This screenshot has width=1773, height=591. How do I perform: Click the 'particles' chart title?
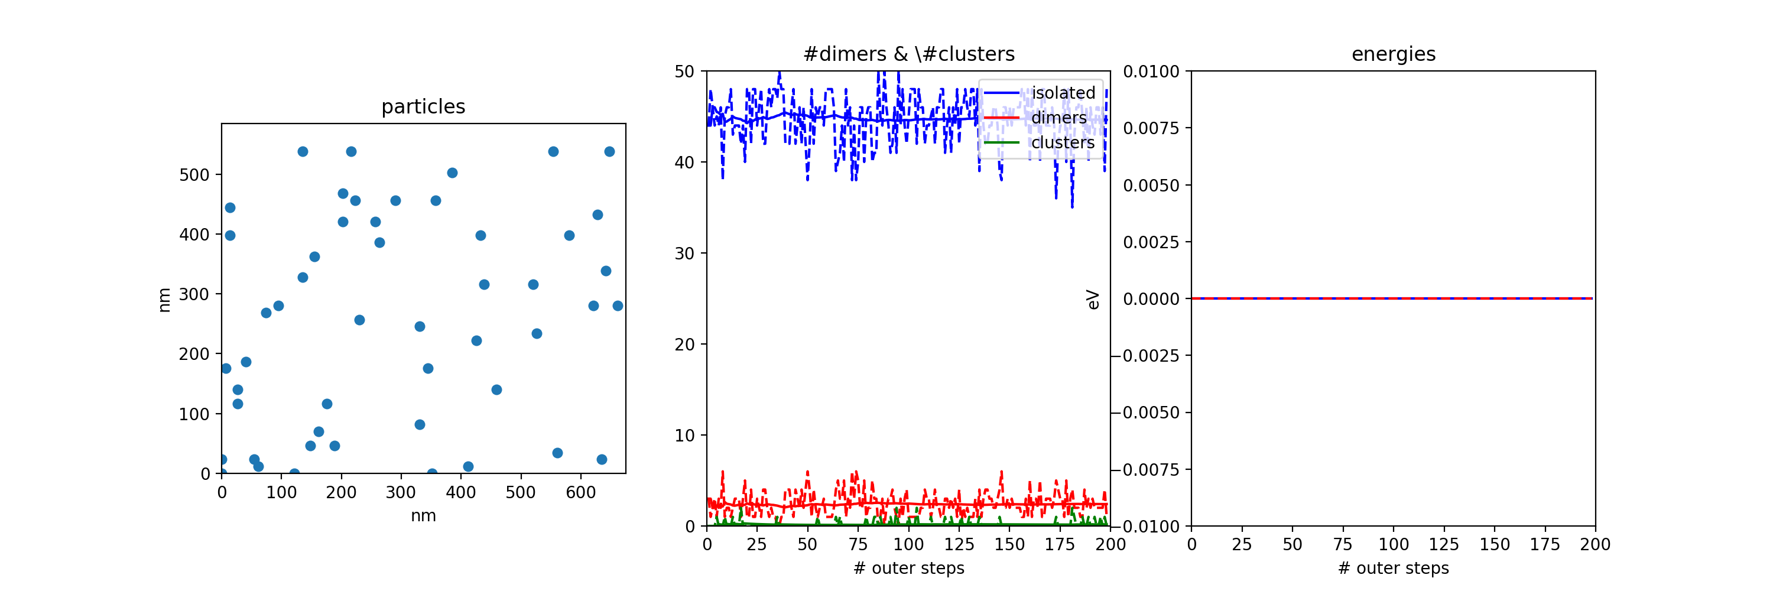423,106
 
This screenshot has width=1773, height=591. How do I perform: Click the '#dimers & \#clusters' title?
908,54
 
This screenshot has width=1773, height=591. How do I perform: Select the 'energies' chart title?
1393,54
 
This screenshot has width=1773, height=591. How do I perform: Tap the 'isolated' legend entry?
1063,93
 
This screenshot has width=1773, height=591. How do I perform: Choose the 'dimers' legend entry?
1058,118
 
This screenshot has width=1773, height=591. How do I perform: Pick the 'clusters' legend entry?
1063,142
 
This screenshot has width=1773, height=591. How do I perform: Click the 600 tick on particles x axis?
580,493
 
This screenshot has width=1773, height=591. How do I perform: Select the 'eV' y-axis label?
1093,299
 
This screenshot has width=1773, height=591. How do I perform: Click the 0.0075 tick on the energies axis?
1151,128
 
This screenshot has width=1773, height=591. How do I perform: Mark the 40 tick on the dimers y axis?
685,163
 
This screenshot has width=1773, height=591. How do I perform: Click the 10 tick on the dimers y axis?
685,436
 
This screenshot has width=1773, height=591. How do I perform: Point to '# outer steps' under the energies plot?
1393,569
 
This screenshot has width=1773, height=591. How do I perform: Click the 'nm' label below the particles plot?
423,516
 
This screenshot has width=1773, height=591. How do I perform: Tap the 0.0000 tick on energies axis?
1151,299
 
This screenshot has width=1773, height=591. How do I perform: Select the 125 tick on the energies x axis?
1443,545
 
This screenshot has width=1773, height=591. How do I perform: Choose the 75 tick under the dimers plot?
858,545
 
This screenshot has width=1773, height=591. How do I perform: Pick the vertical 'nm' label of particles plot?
164,300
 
